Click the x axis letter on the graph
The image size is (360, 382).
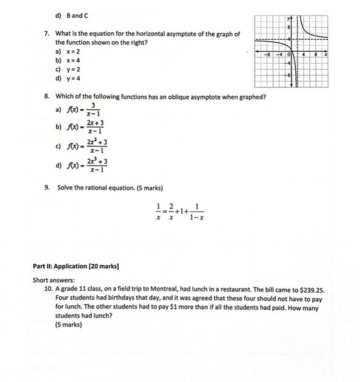(325, 55)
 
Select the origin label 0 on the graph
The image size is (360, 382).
(290, 55)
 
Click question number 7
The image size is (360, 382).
(47, 34)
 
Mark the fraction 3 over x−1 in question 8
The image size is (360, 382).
(94, 110)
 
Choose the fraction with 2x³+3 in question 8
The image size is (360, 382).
(97, 165)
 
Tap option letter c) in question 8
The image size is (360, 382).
(58, 146)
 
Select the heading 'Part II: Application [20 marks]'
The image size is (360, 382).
(76, 266)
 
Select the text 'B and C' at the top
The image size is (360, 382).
(78, 16)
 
